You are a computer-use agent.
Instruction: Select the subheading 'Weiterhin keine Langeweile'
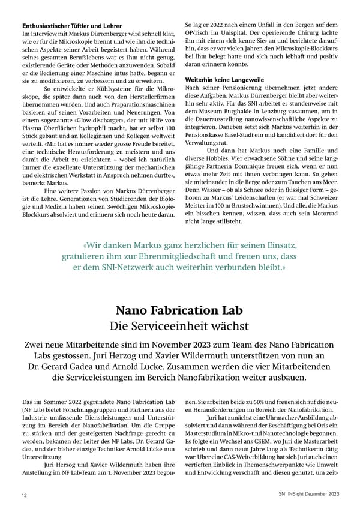[224, 80]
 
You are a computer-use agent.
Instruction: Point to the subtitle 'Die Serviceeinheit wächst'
[179, 327]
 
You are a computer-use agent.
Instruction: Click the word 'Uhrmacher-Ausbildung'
[286, 416]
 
